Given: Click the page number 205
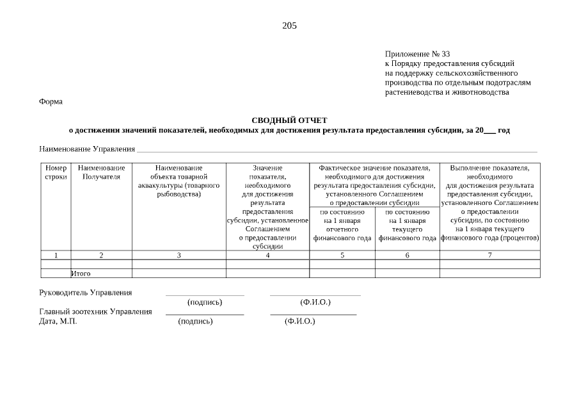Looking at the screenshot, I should click(289, 26).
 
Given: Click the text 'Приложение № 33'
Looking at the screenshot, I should click(417, 54).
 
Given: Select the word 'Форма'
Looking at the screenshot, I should click(51, 101).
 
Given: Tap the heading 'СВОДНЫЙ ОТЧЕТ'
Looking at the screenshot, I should click(289, 120).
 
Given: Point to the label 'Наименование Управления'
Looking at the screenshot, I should click(87, 149).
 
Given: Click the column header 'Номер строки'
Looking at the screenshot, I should click(56, 172).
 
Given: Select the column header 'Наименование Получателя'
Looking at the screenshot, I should click(101, 172).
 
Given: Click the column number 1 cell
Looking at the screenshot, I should click(56, 255).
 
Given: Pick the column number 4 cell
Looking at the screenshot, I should click(267, 255).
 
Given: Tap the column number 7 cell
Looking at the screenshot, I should click(490, 255).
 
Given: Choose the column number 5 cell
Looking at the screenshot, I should click(342, 255).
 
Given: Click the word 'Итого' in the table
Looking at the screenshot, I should click(81, 273).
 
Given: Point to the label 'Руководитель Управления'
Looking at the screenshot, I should click(86, 293).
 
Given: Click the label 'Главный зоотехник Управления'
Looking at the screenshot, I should click(96, 312).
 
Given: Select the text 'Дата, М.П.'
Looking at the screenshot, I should click(58, 321).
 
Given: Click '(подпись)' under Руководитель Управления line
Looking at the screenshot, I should click(205, 302).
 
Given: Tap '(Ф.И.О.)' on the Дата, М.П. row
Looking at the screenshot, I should click(300, 321).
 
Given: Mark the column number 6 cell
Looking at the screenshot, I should click(407, 255).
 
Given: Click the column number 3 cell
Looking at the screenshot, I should click(178, 255).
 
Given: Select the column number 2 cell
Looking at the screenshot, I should click(101, 255).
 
